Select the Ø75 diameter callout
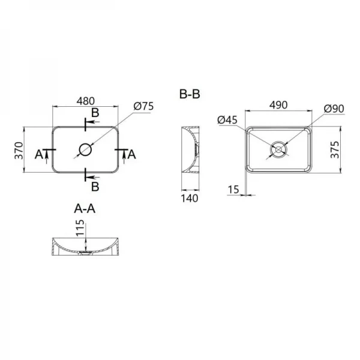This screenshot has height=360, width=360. tap(144, 106)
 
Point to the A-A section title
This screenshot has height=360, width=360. tap(85, 208)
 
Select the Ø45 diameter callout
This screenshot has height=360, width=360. tap(228, 120)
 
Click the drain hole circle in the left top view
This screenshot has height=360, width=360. tap(85, 149)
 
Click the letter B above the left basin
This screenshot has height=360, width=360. tap(95, 113)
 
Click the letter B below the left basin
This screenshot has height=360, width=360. tap(95, 185)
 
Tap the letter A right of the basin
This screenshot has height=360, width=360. tap(133, 154)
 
